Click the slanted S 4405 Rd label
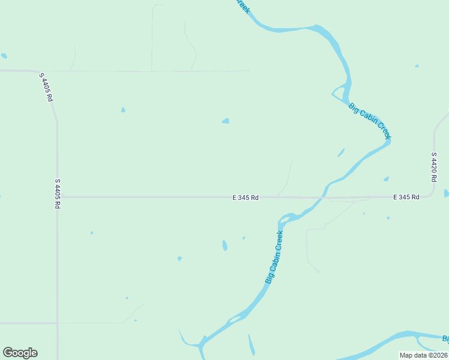(46, 88)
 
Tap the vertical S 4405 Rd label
(58, 193)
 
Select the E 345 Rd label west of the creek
(246, 197)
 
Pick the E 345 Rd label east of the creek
(406, 197)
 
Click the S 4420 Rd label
(434, 167)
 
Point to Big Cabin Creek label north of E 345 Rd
(370, 121)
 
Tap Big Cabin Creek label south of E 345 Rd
(274, 257)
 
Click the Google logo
(20, 353)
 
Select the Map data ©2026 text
(424, 355)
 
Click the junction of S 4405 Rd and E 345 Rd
(58, 197)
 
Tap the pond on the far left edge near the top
(4, 56)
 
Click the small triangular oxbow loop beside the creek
(340, 93)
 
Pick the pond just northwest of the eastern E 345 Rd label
(386, 179)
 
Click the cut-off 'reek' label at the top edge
(243, 7)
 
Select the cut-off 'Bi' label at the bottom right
(445, 339)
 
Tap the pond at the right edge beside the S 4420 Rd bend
(446, 193)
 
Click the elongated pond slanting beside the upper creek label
(341, 152)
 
